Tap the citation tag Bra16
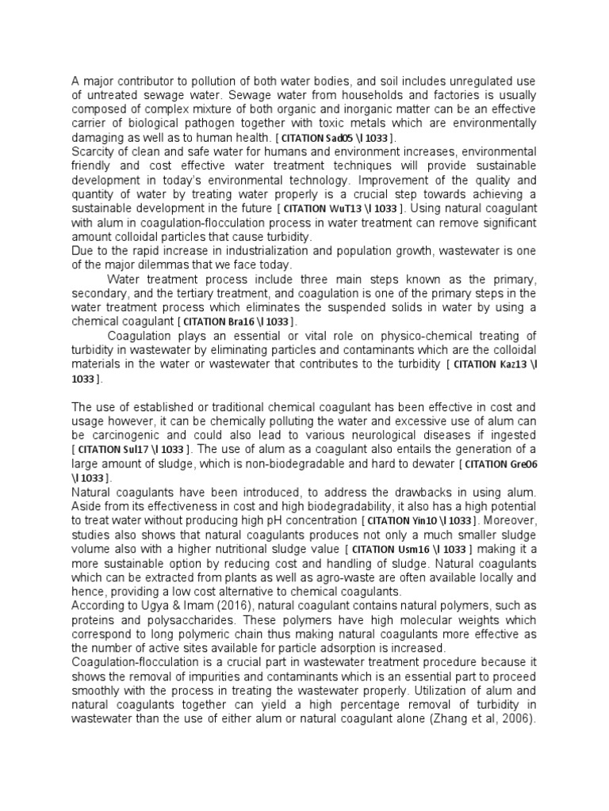(239, 322)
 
